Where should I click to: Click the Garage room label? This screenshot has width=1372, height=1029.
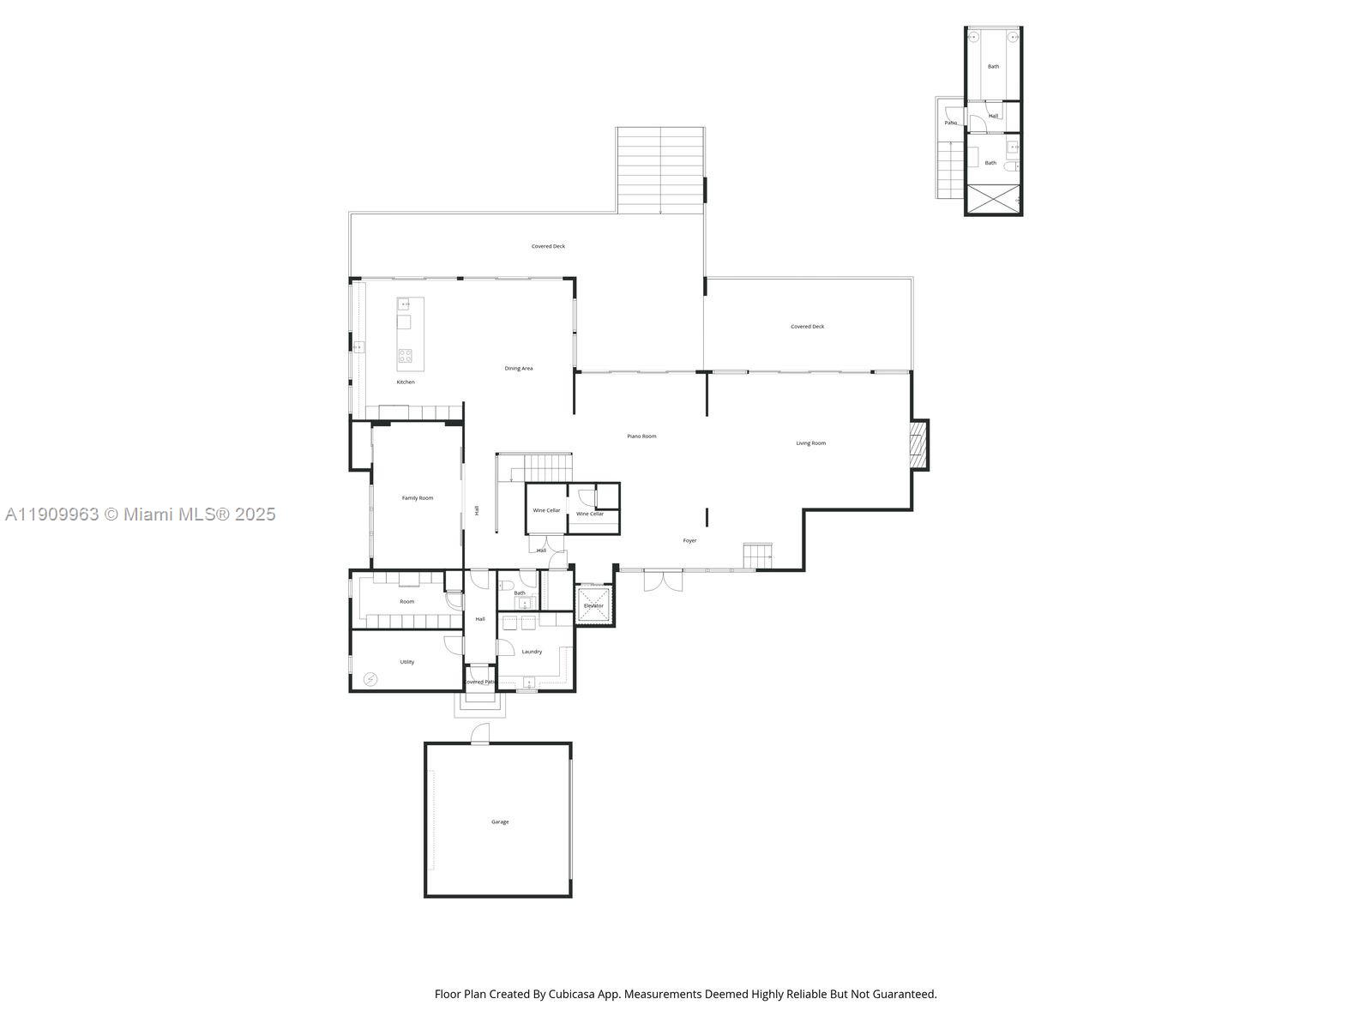pos(500,822)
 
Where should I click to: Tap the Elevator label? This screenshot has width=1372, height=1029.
pos(593,606)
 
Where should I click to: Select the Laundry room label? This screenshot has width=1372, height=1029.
pos(532,652)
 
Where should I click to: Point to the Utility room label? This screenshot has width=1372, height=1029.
pos(407,662)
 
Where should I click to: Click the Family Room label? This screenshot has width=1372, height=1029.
pos(418,498)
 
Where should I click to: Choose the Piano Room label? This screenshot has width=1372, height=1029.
pos(641,436)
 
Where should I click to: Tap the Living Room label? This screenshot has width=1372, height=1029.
pos(810,443)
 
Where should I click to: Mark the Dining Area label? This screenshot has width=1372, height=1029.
pos(518,369)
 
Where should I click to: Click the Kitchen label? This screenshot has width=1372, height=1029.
pos(406,382)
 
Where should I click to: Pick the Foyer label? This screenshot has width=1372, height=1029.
pos(689,541)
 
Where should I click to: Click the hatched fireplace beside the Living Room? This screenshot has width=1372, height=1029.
pos(919,444)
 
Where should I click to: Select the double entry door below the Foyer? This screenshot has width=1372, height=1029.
pos(663,582)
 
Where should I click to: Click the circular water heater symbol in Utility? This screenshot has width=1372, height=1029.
pos(370,679)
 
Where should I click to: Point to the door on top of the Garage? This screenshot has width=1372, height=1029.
pos(480,733)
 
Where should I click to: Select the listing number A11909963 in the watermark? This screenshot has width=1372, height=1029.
pos(51,514)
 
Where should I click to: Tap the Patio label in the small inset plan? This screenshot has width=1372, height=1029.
pos(950,123)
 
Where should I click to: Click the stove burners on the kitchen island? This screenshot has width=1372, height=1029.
pos(405,355)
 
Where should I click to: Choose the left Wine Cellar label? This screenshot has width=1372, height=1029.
pos(546,510)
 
